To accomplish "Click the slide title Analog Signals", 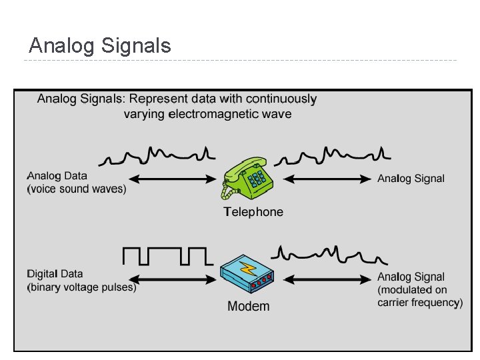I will [100, 46].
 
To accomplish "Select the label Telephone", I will [253, 212].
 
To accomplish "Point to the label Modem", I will [249, 307].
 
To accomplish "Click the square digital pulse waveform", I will [167, 255].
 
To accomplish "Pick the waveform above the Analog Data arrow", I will [157, 156].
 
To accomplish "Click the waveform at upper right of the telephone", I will [332, 156].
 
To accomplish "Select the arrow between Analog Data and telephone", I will [171, 179].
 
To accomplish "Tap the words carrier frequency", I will [419, 303].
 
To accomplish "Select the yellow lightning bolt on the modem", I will [249, 269].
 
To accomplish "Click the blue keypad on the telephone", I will [257, 177].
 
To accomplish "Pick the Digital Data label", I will [55, 274].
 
